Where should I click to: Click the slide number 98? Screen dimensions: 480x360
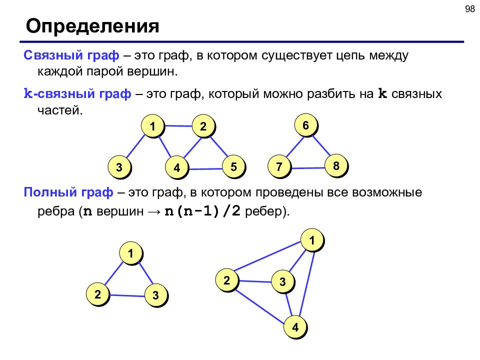tap(469, 9)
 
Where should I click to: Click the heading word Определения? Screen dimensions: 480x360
tap(92, 26)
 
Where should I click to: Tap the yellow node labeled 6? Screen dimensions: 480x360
tap(306, 125)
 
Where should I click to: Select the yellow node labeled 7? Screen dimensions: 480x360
tap(279, 166)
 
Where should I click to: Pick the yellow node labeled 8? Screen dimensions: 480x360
tap(336, 165)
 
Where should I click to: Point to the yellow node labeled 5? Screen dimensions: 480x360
tap(233, 166)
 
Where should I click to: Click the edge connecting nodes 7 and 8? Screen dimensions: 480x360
tap(307, 168)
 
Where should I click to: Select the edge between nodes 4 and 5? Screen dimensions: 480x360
tap(205, 168)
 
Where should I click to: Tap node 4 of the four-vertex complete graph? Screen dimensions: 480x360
tap(295, 327)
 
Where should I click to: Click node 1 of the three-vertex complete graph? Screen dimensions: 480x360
tap(130, 253)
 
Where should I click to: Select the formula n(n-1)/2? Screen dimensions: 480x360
tap(202, 211)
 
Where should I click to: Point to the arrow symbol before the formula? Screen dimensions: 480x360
tap(154, 211)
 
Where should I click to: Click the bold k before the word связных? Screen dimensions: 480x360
tap(382, 93)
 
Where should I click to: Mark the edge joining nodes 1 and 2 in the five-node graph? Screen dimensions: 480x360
tap(178, 126)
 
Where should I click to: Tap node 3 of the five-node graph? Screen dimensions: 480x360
tap(119, 167)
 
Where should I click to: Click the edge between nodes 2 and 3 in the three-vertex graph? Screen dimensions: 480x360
tap(127, 295)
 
